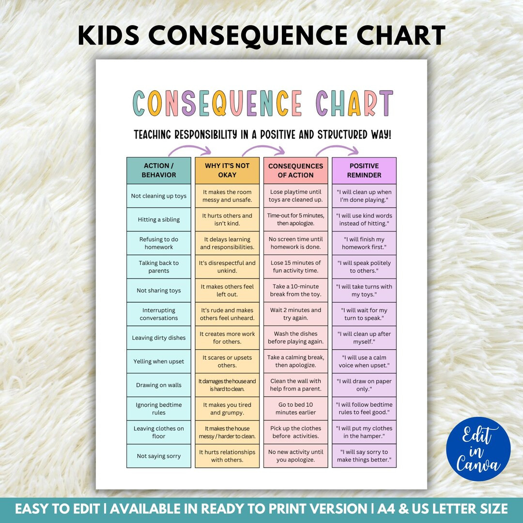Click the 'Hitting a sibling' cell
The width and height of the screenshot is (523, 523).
pyautogui.click(x=159, y=219)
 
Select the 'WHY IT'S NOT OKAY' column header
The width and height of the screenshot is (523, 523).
pyautogui.click(x=227, y=170)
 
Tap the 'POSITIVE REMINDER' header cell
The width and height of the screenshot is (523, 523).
pyautogui.click(x=364, y=170)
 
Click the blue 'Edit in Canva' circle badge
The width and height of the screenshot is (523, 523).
pyautogui.click(x=478, y=448)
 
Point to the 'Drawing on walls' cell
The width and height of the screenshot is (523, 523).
pyautogui.click(x=159, y=385)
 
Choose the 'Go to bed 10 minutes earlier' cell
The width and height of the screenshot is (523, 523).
pyautogui.click(x=295, y=408)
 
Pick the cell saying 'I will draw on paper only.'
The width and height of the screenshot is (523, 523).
pyautogui.click(x=364, y=385)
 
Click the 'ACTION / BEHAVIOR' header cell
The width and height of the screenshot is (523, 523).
pyautogui.click(x=159, y=170)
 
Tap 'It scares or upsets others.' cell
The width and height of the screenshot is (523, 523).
pyautogui.click(x=227, y=361)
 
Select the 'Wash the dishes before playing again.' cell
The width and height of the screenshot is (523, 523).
pyautogui.click(x=295, y=338)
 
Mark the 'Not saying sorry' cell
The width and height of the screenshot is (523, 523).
pyautogui.click(x=159, y=456)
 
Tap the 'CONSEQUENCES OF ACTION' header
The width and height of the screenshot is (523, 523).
pyautogui.click(x=295, y=170)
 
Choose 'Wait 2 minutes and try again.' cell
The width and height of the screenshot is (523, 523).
pyautogui.click(x=295, y=314)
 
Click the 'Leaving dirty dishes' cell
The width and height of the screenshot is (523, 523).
pyautogui.click(x=159, y=338)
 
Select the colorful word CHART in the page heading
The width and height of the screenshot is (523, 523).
pyautogui.click(x=354, y=103)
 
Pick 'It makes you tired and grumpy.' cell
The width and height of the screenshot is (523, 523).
pyautogui.click(x=227, y=408)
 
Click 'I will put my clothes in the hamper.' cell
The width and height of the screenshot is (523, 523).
pyautogui.click(x=364, y=432)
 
